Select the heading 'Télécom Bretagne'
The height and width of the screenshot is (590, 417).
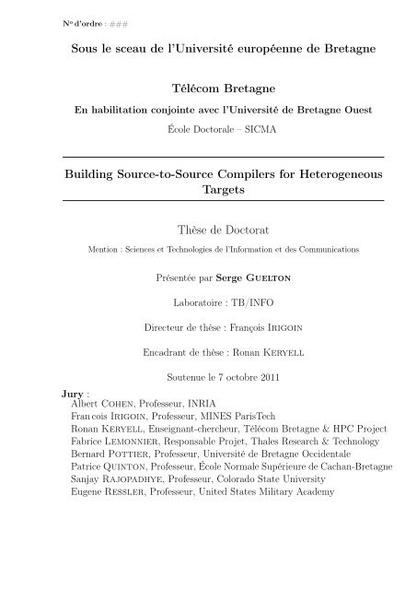208,90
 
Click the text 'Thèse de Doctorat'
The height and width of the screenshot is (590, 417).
208,228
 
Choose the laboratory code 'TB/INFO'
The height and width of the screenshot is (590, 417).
230,301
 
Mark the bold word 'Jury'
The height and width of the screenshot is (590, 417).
67,394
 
